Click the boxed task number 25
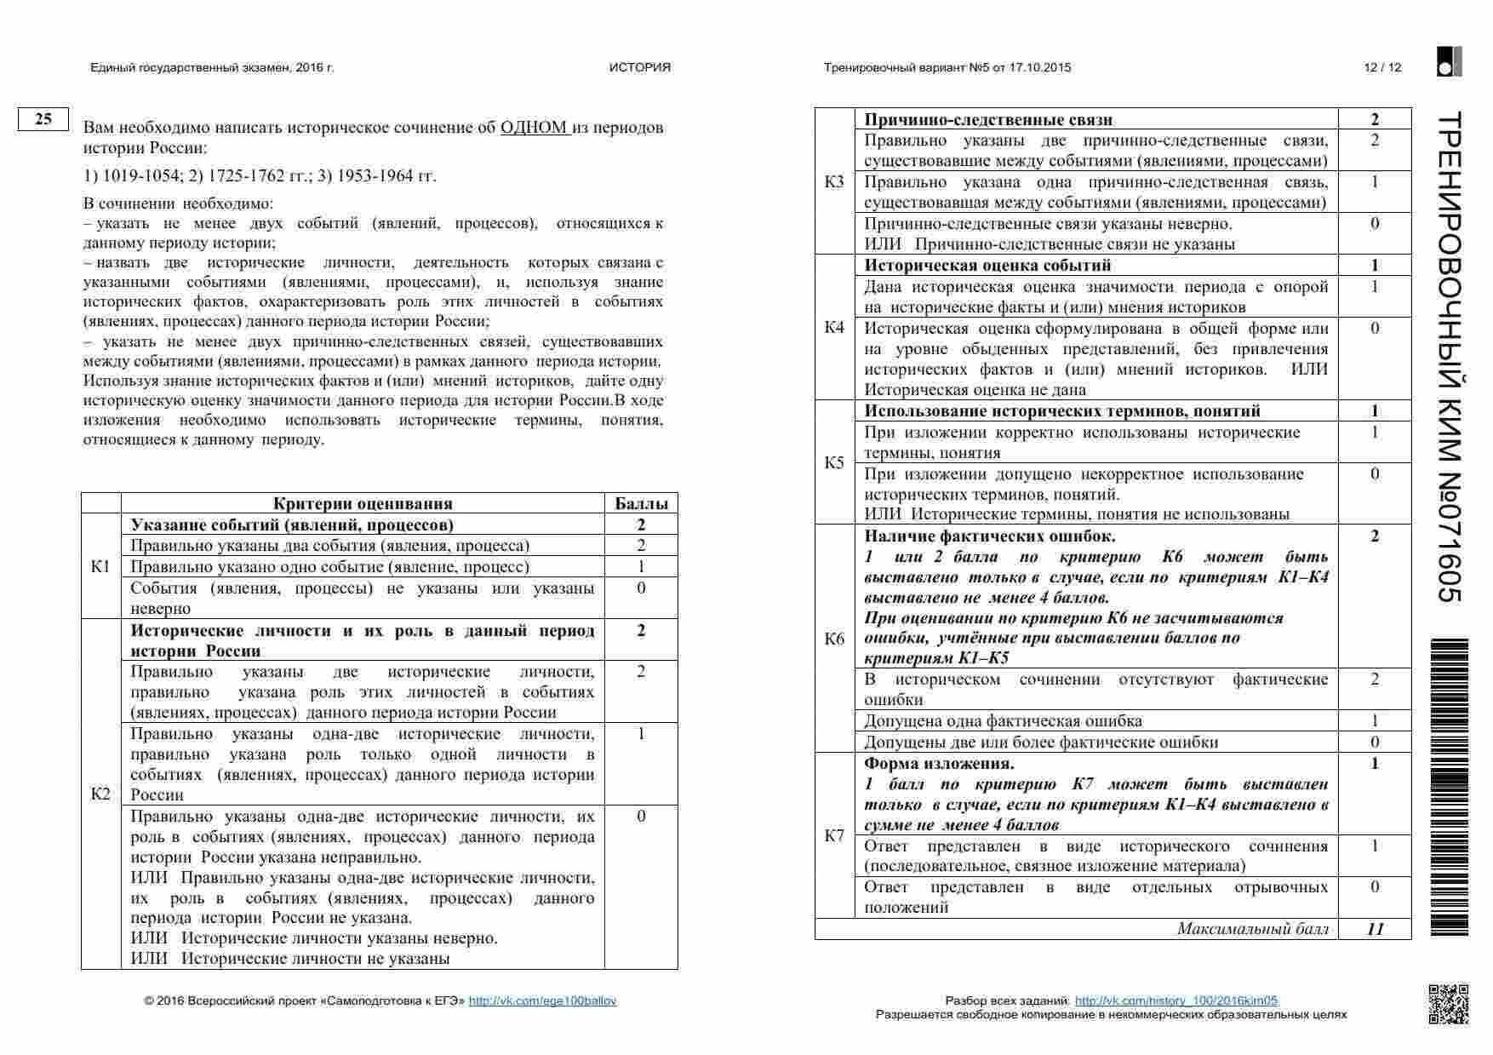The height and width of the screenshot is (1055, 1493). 43,119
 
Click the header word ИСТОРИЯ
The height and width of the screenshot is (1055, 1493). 639,68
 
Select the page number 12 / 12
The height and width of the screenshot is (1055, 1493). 1381,68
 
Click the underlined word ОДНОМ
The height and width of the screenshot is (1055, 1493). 534,128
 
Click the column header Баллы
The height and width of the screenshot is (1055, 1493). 641,503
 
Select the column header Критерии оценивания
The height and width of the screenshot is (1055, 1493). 363,503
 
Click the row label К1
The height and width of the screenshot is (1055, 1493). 100,566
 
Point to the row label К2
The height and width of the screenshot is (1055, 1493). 100,794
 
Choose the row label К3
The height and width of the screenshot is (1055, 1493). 834,182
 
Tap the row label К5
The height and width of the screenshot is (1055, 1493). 834,462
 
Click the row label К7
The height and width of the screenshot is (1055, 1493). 834,835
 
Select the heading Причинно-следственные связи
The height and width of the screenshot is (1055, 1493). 988,120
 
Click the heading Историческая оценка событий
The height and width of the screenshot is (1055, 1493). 987,266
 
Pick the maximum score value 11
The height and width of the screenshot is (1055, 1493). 1375,929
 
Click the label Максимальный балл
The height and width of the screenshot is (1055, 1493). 1252,929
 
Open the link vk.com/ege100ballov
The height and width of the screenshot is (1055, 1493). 542,1001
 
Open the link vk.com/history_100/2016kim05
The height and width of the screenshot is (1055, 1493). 1176,1001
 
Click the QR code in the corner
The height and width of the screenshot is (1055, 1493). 1447,1003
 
